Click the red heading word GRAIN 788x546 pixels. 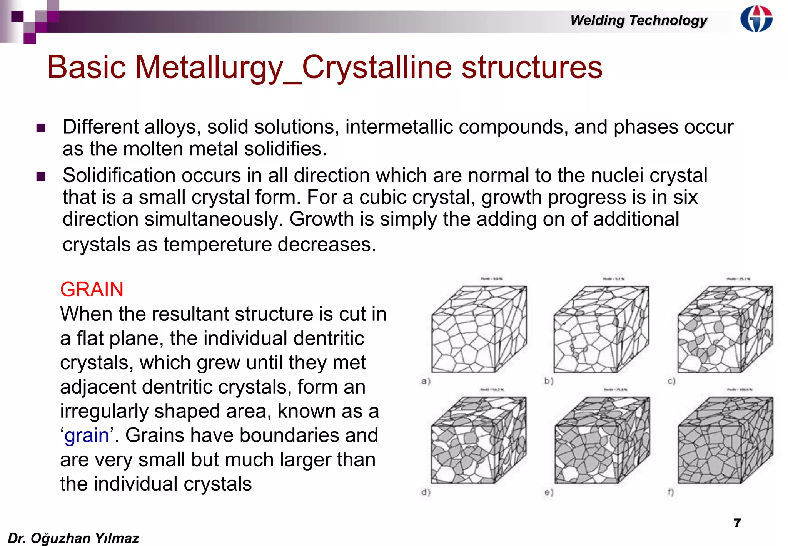click(92, 290)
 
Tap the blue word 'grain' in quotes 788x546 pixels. click(87, 435)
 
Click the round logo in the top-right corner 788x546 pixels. click(756, 18)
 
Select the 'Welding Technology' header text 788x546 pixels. click(638, 20)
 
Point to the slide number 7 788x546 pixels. click(737, 523)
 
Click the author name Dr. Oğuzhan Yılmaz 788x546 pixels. click(73, 538)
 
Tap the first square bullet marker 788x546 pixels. click(41, 128)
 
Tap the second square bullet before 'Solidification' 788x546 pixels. click(41, 176)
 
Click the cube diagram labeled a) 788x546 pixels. click(479, 330)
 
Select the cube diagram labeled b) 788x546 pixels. click(601, 330)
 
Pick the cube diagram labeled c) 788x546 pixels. click(725, 330)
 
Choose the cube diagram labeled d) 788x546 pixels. click(479, 440)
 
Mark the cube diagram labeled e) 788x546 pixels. click(602, 440)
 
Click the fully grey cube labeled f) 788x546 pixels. click(725, 440)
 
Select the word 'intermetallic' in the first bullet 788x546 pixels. click(399, 127)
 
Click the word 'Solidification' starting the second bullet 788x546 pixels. click(119, 176)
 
